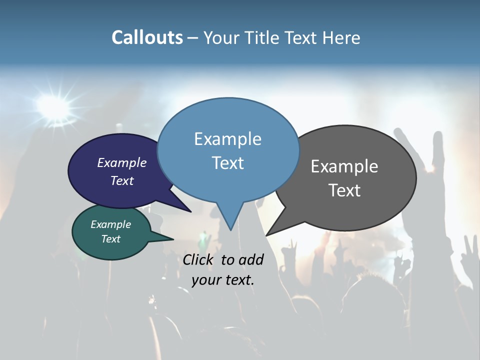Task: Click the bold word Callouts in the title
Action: [147, 37]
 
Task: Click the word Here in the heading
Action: [342, 38]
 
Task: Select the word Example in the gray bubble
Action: [344, 166]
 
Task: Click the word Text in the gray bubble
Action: [344, 190]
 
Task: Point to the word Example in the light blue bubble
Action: [227, 139]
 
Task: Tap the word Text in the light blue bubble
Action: [228, 162]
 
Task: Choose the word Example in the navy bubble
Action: [121, 162]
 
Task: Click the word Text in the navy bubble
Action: [121, 180]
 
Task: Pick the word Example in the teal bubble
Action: [110, 224]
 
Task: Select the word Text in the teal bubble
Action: [110, 239]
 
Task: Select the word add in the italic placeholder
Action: [251, 259]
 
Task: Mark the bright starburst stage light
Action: [52, 105]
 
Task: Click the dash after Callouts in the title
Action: [193, 38]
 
